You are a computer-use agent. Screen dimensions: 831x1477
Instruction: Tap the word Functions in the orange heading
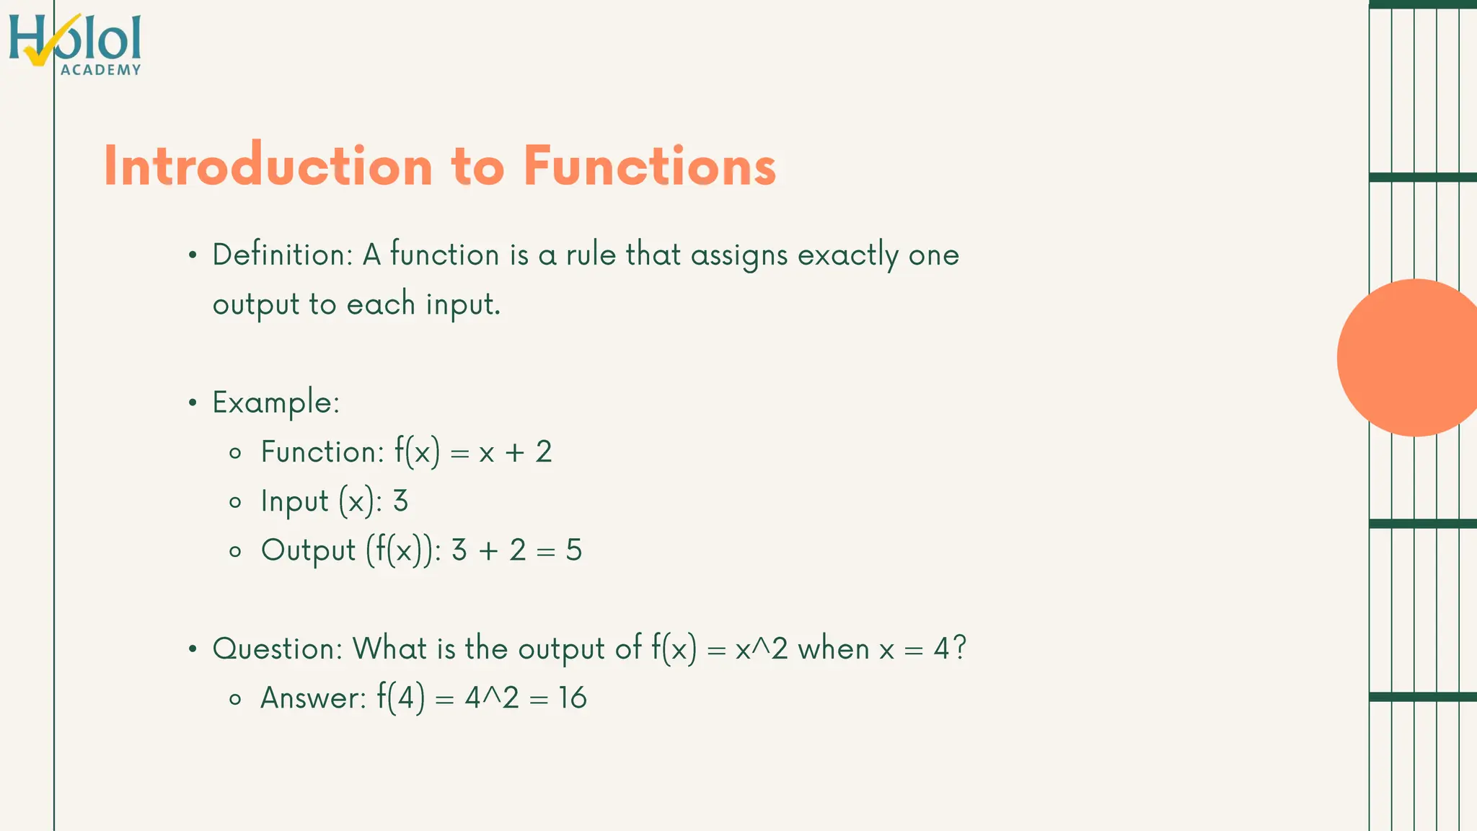(x=649, y=166)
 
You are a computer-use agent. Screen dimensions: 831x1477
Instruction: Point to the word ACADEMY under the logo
(x=101, y=70)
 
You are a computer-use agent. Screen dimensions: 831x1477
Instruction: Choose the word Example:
(x=275, y=403)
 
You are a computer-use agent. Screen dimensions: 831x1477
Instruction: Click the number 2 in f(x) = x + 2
(x=544, y=452)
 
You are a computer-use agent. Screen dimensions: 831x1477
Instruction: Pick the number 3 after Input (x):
(x=400, y=501)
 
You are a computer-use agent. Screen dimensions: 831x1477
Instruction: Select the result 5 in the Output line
(x=574, y=550)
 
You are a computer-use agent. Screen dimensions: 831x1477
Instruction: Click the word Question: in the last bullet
(x=278, y=649)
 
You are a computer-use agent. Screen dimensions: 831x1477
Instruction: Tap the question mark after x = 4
(x=959, y=648)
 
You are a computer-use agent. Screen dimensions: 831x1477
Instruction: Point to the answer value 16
(x=573, y=698)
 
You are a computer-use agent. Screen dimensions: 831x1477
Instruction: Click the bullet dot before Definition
(x=192, y=255)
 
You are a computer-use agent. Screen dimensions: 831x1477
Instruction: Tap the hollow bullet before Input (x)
(x=235, y=503)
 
